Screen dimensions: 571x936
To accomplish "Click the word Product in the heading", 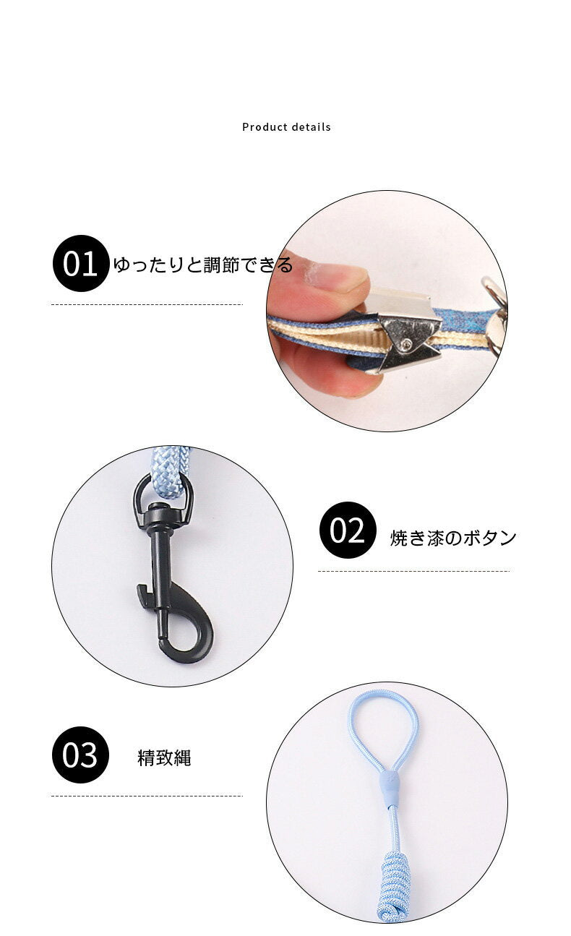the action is click(x=265, y=127).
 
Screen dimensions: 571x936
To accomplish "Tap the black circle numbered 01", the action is click(x=81, y=263).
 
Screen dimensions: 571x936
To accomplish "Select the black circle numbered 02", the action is click(x=348, y=530).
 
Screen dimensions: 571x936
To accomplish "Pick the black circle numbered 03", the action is click(x=80, y=755).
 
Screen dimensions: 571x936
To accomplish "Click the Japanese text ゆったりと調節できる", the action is click(x=203, y=265).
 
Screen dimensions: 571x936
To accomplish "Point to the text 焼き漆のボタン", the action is click(x=453, y=538).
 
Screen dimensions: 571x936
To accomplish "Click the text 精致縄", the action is click(x=164, y=758).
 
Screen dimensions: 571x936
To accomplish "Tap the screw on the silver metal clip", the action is click(x=406, y=344).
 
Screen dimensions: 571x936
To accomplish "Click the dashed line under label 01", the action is click(x=147, y=304).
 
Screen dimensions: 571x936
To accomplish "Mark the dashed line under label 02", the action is click(x=413, y=571).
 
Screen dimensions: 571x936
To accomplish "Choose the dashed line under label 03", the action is click(x=147, y=796).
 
